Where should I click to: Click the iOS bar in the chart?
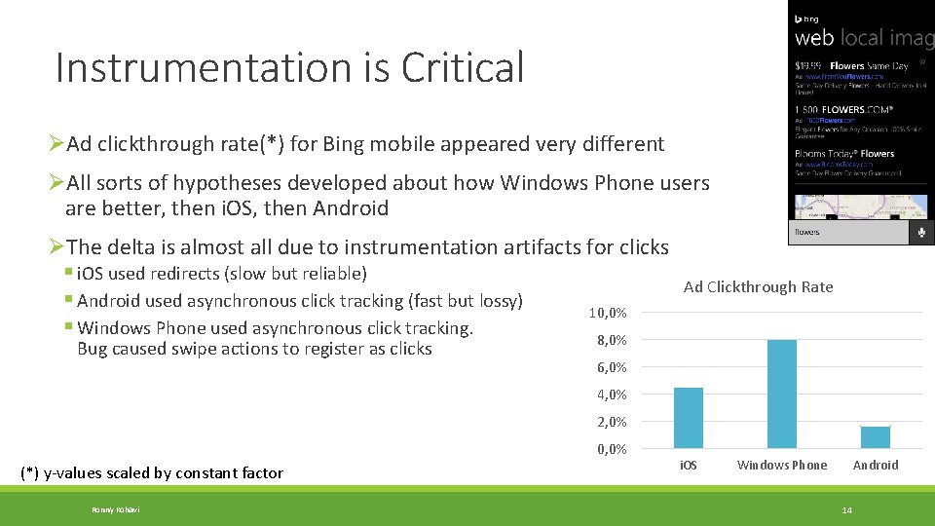(x=688, y=418)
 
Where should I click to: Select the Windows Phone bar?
(x=781, y=394)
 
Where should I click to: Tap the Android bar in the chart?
(x=875, y=437)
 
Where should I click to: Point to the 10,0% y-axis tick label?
(x=608, y=313)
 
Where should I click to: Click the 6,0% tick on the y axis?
(x=611, y=367)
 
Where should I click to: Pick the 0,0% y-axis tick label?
(x=611, y=449)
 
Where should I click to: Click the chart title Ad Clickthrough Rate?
(x=758, y=286)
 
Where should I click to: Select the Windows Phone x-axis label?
(x=781, y=466)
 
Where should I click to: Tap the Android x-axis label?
(x=875, y=466)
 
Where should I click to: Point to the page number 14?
(x=846, y=510)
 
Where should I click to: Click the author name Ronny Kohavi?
(x=115, y=510)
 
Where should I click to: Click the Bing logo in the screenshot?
(x=807, y=19)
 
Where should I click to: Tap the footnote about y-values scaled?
(x=152, y=473)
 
